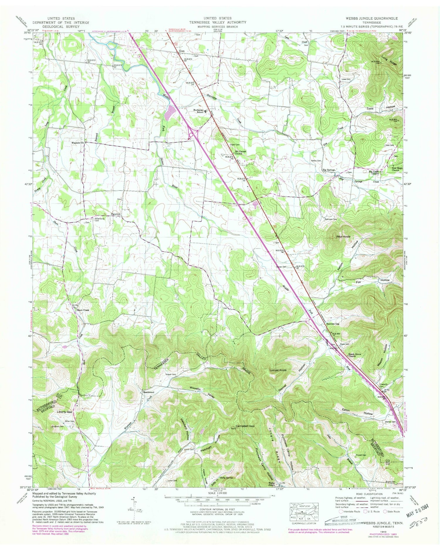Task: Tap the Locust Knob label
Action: click(x=278, y=370)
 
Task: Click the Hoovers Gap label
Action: click(x=333, y=324)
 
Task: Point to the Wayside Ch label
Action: click(x=78, y=143)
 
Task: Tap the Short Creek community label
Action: click(x=83, y=310)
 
